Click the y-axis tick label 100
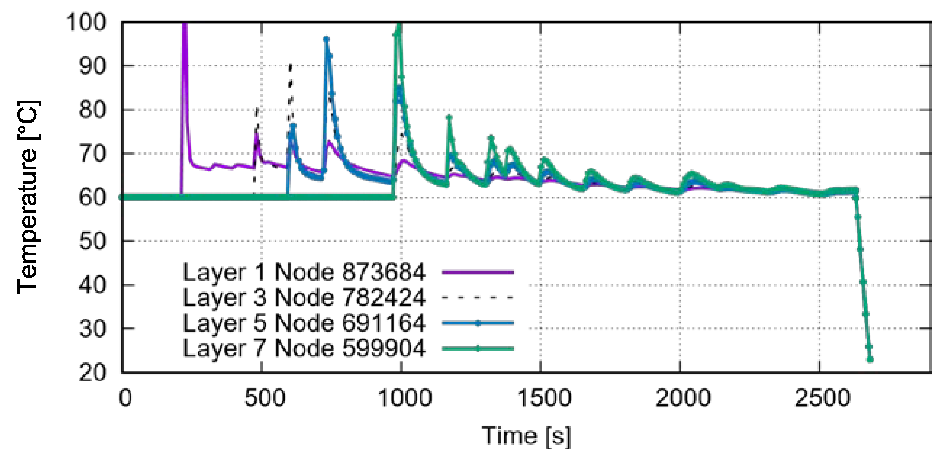coord(86,23)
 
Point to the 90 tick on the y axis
coord(93,66)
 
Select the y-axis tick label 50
coord(93,241)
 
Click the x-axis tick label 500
coord(265,398)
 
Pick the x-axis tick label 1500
coord(544,398)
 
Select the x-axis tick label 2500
coord(822,398)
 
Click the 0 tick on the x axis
coord(125,398)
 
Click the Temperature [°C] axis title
coord(28,197)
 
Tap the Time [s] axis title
coord(526,437)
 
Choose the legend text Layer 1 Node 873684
coord(304,273)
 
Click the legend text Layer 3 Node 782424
coord(304,298)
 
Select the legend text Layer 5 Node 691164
coord(304,323)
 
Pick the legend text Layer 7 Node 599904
coord(304,348)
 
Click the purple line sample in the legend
coord(478,273)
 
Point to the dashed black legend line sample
coord(478,298)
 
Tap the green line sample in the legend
coord(478,348)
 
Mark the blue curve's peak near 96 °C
coord(326,39)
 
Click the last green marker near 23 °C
coord(870,359)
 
